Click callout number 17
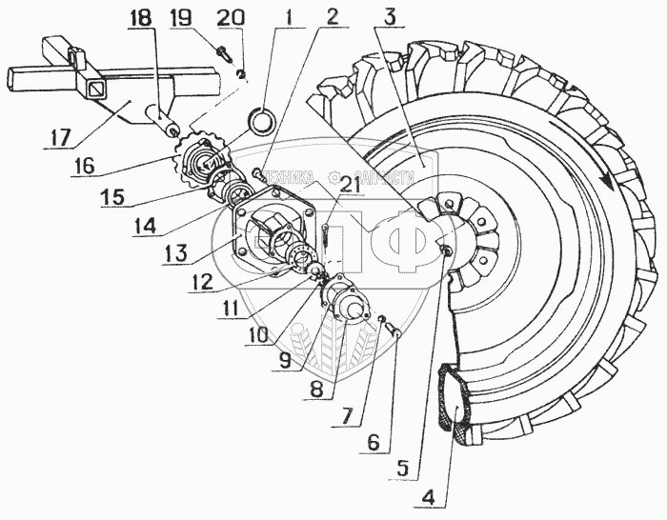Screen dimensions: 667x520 [x=60, y=138]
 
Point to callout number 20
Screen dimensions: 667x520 [x=230, y=18]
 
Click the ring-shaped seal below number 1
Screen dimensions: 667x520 [x=262, y=121]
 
